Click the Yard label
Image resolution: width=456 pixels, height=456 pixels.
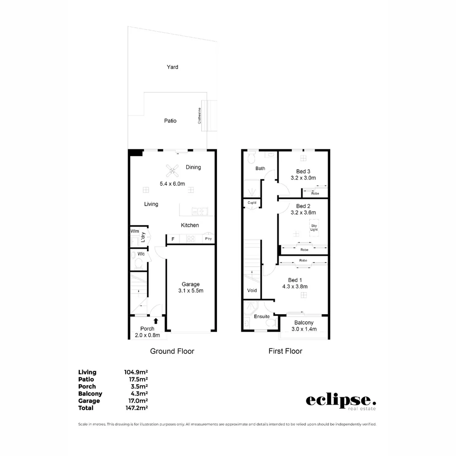(172, 67)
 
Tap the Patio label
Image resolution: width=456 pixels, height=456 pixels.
(170, 121)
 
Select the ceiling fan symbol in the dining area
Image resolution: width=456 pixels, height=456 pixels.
(172, 171)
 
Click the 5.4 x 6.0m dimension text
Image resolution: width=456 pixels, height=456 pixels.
(172, 184)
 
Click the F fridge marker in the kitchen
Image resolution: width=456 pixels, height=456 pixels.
(172, 239)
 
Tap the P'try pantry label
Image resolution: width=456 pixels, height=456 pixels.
(208, 239)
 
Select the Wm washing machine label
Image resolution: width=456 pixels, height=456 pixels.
(135, 231)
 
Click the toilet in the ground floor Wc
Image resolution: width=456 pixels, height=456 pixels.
(138, 263)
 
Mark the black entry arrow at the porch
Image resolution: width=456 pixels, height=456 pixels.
(156, 321)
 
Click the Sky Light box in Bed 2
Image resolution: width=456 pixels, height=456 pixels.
(314, 228)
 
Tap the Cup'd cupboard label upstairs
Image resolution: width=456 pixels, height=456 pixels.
(252, 203)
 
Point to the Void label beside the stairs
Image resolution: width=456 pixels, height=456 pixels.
(252, 290)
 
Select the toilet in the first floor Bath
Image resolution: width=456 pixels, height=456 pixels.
(252, 158)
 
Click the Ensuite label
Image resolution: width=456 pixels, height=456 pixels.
(262, 316)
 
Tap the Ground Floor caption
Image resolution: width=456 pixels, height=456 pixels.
(172, 351)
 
